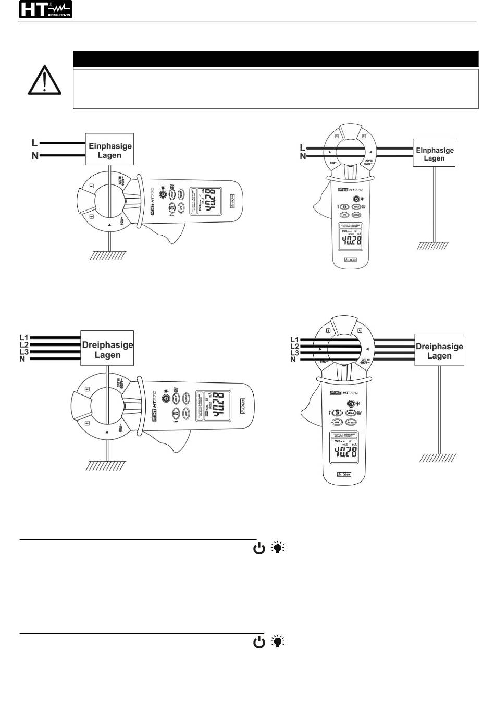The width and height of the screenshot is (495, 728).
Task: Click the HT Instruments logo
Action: point(45,10)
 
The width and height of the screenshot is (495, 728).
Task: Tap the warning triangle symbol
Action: point(45,81)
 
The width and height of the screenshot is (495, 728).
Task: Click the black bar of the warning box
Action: point(275,59)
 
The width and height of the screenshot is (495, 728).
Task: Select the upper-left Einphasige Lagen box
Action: point(109,150)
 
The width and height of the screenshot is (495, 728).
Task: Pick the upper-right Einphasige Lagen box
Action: point(434,153)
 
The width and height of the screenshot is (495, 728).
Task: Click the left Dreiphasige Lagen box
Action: point(107,349)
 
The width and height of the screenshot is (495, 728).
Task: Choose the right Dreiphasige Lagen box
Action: point(439,350)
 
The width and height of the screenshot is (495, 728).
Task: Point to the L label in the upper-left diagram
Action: point(34,142)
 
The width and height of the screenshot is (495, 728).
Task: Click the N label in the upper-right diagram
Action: point(303,156)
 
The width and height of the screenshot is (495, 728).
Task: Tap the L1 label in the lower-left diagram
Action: point(23,338)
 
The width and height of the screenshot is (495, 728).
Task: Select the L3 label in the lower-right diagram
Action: point(294,353)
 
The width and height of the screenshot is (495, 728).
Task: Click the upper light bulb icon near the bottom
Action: point(279,548)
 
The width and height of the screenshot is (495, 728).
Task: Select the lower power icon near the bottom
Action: point(259,642)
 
